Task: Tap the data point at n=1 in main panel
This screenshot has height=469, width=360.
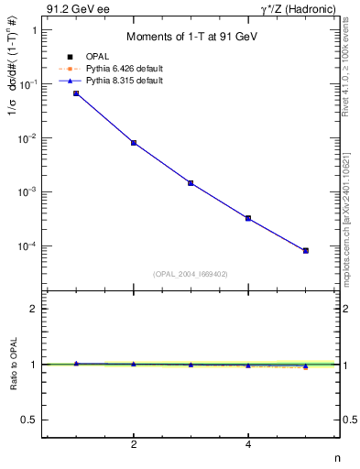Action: click(76, 93)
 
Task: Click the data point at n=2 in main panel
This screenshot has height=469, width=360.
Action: click(134, 143)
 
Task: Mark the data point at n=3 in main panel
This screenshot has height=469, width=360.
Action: click(191, 183)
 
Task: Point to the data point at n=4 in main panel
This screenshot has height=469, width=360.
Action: click(248, 218)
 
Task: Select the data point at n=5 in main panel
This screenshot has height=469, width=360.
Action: click(306, 250)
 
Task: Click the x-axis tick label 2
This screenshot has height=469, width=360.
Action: click(134, 446)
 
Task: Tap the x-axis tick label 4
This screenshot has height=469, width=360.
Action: click(248, 446)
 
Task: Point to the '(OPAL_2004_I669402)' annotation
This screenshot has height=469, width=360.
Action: click(191, 273)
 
